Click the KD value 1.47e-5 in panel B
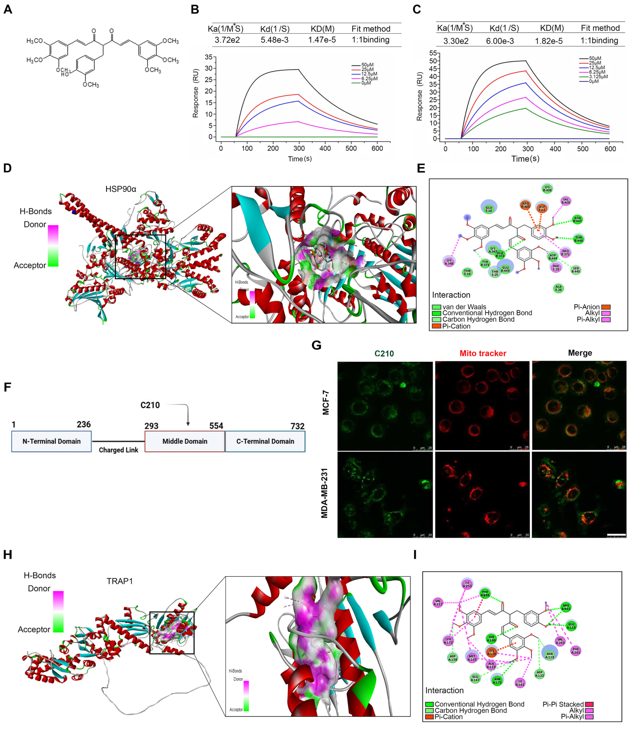coord(322,40)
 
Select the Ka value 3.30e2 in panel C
coord(456,41)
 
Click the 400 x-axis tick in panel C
coord(555,149)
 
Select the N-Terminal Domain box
coord(52,441)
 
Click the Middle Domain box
coord(185,441)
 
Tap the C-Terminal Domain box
coord(265,441)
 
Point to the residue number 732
coord(297,426)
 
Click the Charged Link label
coord(118,450)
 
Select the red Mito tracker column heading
coord(483,353)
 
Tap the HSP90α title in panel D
coord(121,189)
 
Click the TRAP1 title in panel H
coord(120,581)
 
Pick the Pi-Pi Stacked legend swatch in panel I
coord(589,704)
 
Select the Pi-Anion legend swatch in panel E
coord(606,307)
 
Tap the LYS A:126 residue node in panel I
coord(492,652)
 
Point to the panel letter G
coord(317,345)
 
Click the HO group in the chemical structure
coord(65,74)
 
